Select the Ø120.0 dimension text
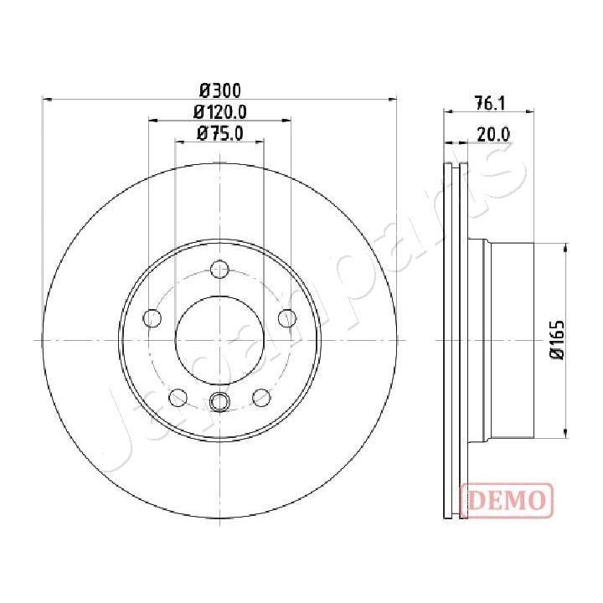point(219,111)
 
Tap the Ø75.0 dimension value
point(219,132)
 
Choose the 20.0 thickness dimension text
point(494,132)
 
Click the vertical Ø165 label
point(555,340)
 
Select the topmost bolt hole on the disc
point(219,270)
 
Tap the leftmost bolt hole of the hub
point(152,318)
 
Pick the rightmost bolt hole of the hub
point(286,318)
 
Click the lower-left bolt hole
point(178,396)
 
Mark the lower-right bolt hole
point(260,396)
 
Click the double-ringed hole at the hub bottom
point(219,402)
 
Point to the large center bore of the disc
point(219,340)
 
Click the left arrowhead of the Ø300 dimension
point(47,100)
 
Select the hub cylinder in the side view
point(511,340)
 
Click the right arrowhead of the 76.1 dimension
point(529,113)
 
